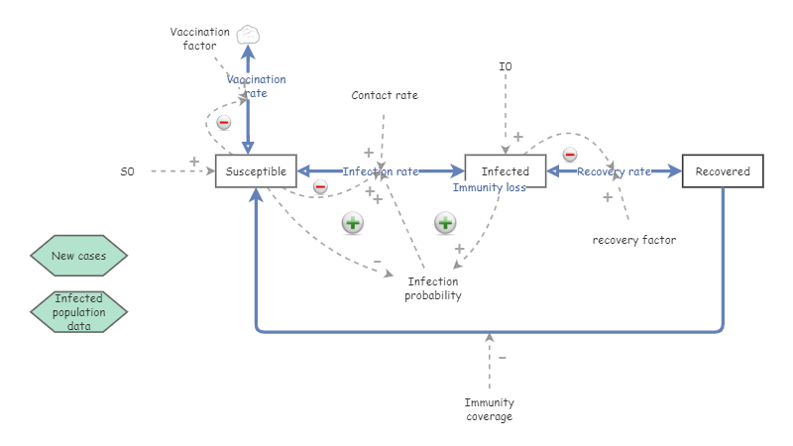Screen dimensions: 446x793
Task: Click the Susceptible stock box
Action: [x=256, y=171]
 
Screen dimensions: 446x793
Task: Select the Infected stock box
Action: [x=506, y=171]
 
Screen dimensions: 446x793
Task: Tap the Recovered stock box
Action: [x=723, y=171]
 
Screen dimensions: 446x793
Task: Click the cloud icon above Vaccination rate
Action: [x=248, y=35]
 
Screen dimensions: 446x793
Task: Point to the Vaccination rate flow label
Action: [x=256, y=86]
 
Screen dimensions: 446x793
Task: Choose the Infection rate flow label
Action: [x=381, y=171]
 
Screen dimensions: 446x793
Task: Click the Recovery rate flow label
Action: [x=614, y=171]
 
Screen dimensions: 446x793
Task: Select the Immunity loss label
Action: [x=490, y=187]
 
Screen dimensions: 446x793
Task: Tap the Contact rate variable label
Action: [x=385, y=95]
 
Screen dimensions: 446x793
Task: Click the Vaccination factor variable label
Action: [x=199, y=39]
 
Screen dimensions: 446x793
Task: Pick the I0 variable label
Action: [x=506, y=66]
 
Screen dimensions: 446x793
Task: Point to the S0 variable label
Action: [x=128, y=171]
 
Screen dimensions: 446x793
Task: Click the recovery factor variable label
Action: [x=634, y=239]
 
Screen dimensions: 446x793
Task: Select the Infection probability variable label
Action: [x=433, y=288]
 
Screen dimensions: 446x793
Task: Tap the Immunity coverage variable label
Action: [x=489, y=409]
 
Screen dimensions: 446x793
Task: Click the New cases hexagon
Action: [x=79, y=256]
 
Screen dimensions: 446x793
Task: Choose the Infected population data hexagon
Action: [x=79, y=311]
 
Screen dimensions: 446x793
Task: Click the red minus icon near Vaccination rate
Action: [x=224, y=123]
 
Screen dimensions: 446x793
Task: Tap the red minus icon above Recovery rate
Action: [x=570, y=155]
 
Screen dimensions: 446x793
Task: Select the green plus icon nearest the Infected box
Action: [x=445, y=223]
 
